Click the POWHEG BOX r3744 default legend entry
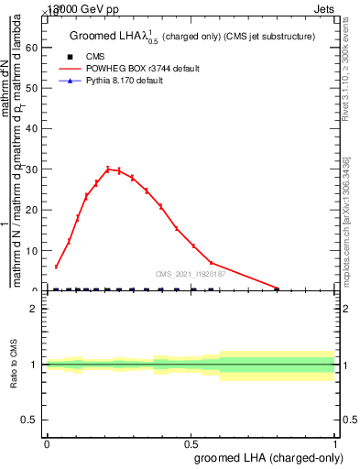pyautogui.click(x=128, y=69)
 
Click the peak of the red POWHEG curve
pyautogui.click(x=108, y=169)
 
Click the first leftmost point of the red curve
pyautogui.click(x=57, y=267)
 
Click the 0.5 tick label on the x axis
pyautogui.click(x=191, y=442)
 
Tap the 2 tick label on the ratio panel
pyautogui.click(x=34, y=309)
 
